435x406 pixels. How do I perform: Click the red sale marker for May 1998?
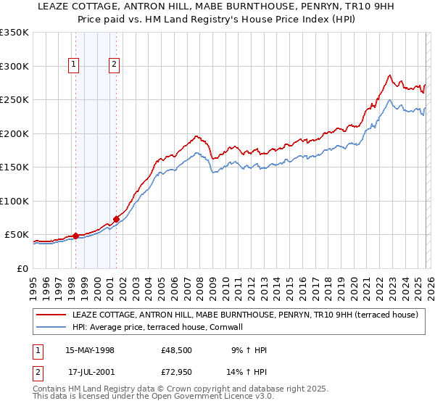point(75,236)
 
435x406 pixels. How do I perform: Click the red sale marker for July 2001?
point(116,219)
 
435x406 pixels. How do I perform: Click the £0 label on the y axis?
point(22,268)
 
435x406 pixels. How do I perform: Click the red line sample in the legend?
point(51,315)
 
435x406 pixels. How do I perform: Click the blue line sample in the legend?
point(51,328)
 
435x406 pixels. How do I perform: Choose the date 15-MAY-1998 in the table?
point(90,350)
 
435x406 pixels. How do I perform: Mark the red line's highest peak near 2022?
point(389,75)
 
